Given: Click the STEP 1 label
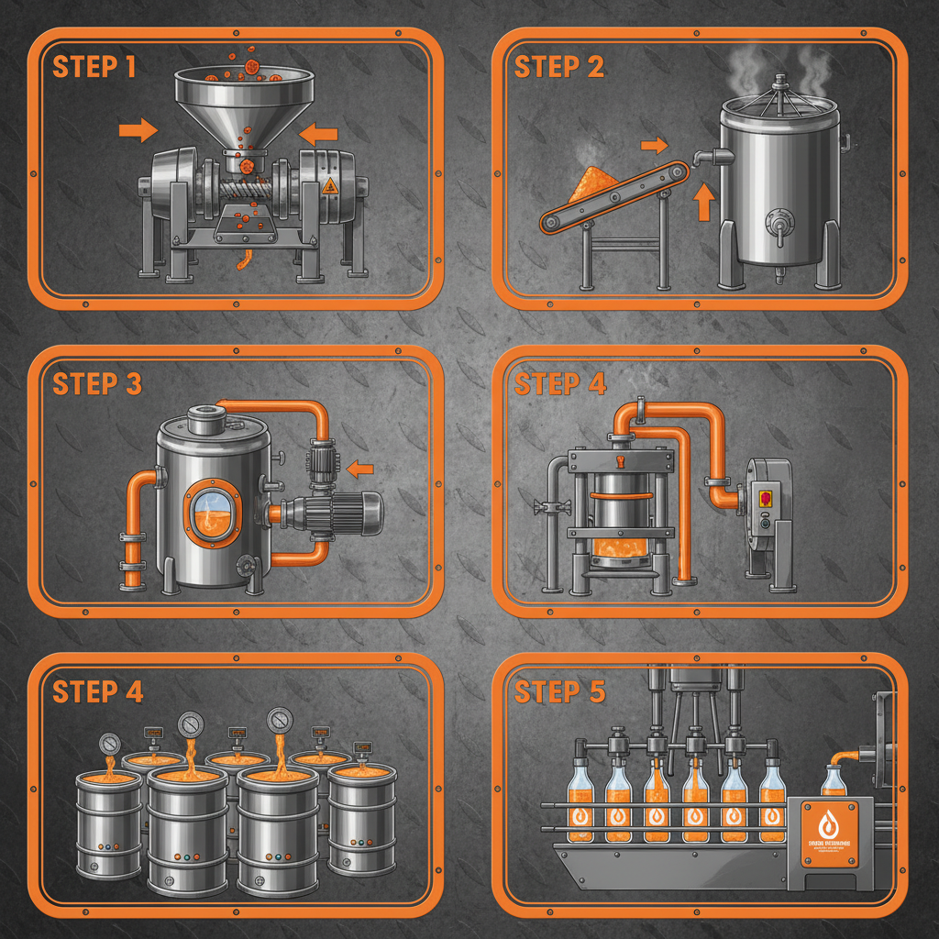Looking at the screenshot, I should [x=94, y=67].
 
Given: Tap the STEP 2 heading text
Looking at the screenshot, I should [x=558, y=67].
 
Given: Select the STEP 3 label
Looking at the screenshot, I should [x=97, y=384].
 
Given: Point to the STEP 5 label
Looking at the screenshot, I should [x=559, y=692].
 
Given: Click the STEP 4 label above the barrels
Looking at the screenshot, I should [x=97, y=692].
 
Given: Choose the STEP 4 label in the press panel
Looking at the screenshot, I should [x=559, y=384].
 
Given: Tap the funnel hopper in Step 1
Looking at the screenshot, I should [x=244, y=102].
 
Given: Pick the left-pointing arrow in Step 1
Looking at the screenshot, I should [x=319, y=135].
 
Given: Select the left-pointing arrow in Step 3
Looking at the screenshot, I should [x=360, y=469].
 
